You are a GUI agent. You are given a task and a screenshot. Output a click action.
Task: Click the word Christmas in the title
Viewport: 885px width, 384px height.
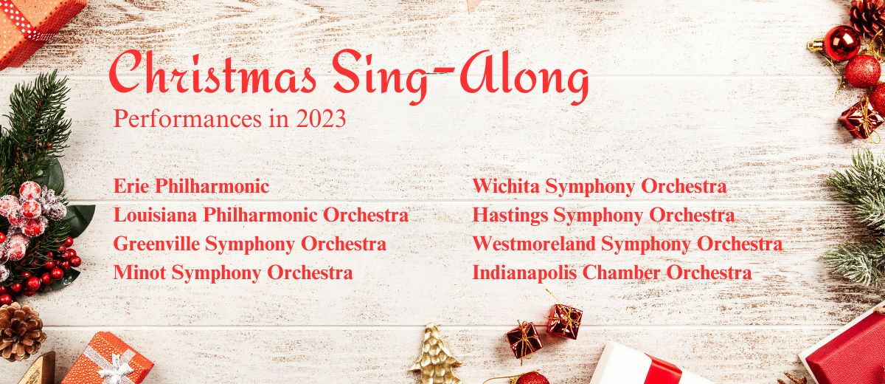click(x=212, y=72)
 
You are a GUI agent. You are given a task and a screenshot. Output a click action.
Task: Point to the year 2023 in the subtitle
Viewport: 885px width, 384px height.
click(x=321, y=119)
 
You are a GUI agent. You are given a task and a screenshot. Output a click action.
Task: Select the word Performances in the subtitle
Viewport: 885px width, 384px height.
click(x=187, y=119)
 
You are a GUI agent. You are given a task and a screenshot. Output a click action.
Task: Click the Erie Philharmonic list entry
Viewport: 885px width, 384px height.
click(x=192, y=186)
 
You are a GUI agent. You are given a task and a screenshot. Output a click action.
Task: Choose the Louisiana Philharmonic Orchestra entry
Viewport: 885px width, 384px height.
click(x=261, y=215)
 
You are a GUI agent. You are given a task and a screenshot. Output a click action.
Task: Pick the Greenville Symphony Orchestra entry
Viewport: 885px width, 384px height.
click(x=250, y=244)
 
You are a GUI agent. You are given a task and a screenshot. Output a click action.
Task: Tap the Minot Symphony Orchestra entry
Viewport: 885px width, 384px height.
click(x=233, y=273)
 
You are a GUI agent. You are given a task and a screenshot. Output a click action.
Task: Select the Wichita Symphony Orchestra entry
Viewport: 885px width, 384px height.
click(x=600, y=186)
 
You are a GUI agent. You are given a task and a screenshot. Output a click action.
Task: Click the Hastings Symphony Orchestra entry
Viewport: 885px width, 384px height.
click(x=604, y=216)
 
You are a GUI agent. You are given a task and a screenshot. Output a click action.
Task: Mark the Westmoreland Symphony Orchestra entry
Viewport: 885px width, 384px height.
click(x=628, y=244)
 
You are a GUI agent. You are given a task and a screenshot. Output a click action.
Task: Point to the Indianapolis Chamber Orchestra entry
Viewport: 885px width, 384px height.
click(x=612, y=273)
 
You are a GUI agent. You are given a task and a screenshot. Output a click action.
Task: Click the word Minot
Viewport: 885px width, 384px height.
click(x=140, y=272)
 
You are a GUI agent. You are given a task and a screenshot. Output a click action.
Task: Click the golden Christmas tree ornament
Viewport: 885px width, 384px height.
click(x=435, y=354)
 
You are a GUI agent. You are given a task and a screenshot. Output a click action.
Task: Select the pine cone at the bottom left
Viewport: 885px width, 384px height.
click(x=21, y=332)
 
